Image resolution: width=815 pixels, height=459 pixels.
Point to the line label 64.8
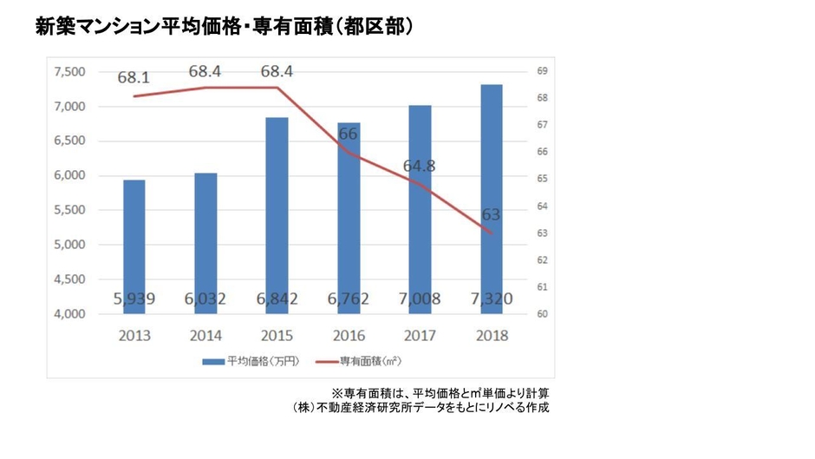(419, 166)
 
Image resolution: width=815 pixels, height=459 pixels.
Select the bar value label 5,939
(134, 299)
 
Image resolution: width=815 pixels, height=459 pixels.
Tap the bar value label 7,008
(420, 299)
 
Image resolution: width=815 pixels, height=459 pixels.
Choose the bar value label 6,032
(205, 299)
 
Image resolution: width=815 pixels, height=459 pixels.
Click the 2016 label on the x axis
(348, 335)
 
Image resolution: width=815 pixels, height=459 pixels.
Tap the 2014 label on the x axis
(205, 335)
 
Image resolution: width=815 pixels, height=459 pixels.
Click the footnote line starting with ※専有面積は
(440, 392)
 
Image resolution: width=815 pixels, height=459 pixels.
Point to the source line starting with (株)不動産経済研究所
(421, 407)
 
